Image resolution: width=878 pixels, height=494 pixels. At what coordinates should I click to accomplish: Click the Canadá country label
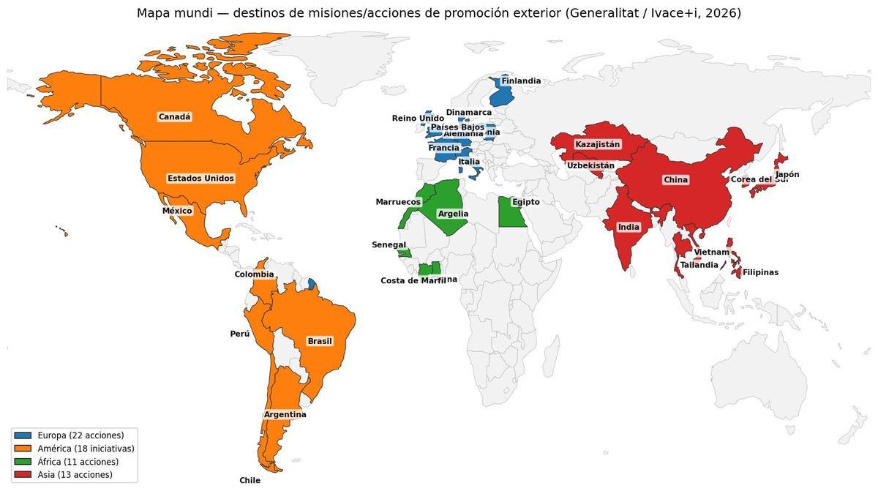(x=174, y=117)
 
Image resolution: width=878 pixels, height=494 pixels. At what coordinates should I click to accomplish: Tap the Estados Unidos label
(x=200, y=179)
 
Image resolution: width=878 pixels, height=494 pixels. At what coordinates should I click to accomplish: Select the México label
(x=177, y=211)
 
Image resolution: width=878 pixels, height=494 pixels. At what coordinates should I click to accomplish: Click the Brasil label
(x=320, y=341)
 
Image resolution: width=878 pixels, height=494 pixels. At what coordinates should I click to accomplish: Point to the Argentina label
(x=285, y=414)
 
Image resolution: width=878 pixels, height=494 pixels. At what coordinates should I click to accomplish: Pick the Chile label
(x=249, y=481)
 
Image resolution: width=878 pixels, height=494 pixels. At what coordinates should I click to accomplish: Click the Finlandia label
(x=521, y=81)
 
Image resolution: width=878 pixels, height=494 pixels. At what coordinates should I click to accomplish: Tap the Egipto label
(x=526, y=202)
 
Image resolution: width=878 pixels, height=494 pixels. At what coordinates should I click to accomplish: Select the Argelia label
(x=453, y=214)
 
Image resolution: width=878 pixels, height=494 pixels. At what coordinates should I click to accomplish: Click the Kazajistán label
(x=597, y=144)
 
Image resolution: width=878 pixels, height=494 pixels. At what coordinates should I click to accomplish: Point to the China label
(x=675, y=179)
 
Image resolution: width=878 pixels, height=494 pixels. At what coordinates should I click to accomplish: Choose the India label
(x=629, y=227)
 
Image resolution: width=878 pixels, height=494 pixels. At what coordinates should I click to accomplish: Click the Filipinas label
(x=760, y=272)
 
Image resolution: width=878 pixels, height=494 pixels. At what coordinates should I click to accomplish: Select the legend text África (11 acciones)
(x=78, y=462)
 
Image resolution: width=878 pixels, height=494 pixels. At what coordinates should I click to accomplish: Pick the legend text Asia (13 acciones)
(x=75, y=475)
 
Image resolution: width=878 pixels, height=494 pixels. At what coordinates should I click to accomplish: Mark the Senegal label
(x=389, y=245)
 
